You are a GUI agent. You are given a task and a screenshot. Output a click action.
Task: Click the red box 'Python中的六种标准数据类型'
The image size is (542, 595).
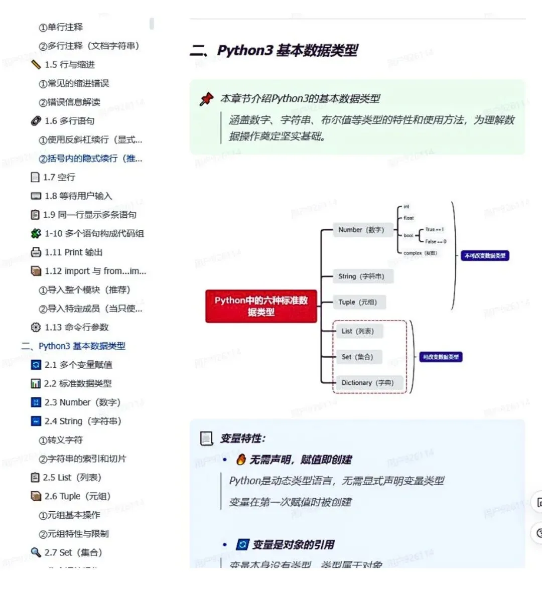tap(261, 306)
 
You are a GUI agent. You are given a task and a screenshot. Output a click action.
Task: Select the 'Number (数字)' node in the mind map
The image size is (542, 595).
tap(361, 230)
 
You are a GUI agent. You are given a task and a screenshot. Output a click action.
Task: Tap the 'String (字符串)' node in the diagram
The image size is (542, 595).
tap(361, 276)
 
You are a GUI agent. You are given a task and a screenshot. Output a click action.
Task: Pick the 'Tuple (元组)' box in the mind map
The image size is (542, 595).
tap(357, 302)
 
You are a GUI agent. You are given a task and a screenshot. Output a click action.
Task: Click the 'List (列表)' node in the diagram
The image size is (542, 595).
tap(357, 331)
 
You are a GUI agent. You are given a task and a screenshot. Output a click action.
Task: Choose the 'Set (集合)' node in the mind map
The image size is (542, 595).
tap(357, 357)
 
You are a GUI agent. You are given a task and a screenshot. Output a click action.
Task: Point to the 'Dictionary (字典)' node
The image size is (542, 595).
tap(367, 383)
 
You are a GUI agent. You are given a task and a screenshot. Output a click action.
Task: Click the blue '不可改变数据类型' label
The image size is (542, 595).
tap(485, 256)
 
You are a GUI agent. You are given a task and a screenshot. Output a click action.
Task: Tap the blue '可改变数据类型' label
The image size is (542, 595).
tap(441, 357)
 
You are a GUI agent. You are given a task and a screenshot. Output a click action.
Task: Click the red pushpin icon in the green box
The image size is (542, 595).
tap(206, 99)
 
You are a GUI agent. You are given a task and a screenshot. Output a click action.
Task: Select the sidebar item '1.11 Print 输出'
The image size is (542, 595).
tap(73, 252)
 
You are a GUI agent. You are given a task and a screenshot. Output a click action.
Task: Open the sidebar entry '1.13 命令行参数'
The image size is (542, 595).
tap(76, 327)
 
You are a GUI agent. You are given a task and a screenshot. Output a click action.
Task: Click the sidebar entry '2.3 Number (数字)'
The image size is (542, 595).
tap(82, 402)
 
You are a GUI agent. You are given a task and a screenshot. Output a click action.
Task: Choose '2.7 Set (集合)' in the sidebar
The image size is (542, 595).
tap(73, 552)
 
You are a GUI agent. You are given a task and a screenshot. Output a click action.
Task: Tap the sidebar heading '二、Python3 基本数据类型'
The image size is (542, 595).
tap(73, 346)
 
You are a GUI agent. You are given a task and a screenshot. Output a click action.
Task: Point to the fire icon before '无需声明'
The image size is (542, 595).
tap(241, 460)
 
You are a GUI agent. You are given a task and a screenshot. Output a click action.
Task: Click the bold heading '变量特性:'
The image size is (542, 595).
tap(243, 438)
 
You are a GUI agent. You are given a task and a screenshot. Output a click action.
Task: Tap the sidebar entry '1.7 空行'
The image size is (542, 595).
tap(59, 177)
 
